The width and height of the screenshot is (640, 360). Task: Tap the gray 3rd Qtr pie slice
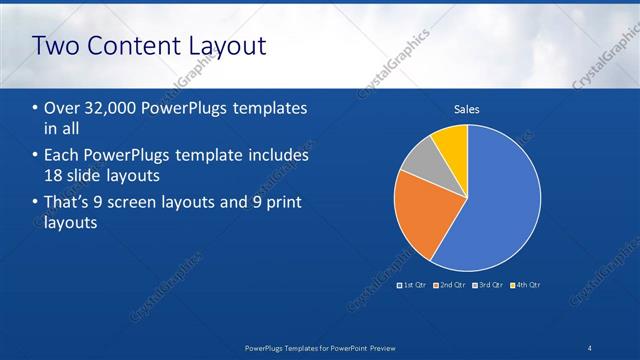coord(424,160)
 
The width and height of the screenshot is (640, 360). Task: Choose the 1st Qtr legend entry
coord(412,285)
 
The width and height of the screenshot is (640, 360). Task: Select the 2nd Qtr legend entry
coord(449,285)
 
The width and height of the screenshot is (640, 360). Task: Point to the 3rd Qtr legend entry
coord(487,285)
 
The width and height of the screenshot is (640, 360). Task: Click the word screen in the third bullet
coord(150,203)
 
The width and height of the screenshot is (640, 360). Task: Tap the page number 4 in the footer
coord(590,348)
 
